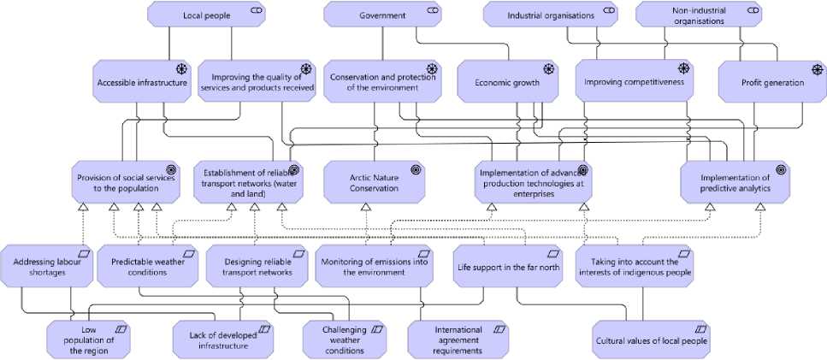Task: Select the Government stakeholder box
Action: (382, 15)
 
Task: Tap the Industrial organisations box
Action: (550, 15)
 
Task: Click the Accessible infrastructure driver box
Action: (142, 82)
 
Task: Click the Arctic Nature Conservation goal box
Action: (375, 182)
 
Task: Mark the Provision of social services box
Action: (126, 182)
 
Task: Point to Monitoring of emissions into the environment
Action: (373, 266)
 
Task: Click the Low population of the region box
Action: (89, 339)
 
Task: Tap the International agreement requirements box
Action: (458, 339)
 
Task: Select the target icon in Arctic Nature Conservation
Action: (416, 169)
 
